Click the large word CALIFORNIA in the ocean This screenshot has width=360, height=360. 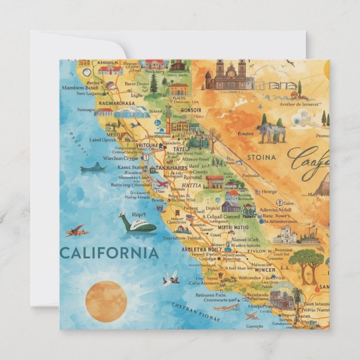[109, 253]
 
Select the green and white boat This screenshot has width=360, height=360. [137, 223]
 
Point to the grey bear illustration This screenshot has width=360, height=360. [272, 131]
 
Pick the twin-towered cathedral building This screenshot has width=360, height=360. [229, 76]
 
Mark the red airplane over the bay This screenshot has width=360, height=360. [161, 184]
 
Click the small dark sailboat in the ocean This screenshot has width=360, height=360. [93, 168]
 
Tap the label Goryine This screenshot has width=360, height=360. [245, 134]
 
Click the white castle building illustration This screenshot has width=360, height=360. [286, 235]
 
